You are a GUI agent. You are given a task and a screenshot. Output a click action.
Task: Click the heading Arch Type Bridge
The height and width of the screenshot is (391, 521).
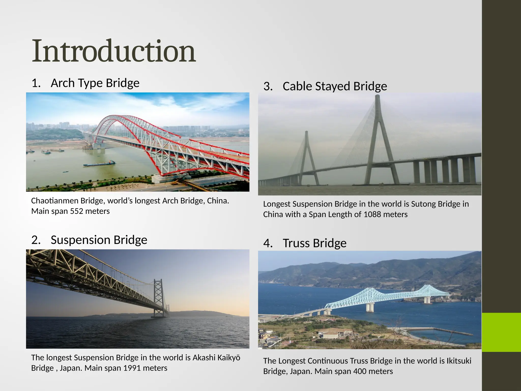click(x=95, y=83)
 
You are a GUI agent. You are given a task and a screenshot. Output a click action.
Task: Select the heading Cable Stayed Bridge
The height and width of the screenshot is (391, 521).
click(x=335, y=86)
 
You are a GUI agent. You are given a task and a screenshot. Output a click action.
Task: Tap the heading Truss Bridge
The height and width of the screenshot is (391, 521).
click(x=314, y=243)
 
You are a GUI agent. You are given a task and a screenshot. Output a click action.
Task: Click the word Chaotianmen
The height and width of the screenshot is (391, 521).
click(x=54, y=201)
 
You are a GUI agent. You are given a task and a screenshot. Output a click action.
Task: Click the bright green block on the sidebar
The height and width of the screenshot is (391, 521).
click(x=501, y=332)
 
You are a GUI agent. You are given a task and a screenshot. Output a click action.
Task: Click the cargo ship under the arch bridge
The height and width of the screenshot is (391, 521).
click(x=99, y=163)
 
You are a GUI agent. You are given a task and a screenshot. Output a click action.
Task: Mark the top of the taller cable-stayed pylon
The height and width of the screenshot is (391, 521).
click(x=378, y=97)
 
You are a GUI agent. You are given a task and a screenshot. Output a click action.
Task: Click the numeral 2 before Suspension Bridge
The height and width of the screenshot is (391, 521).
click(x=36, y=240)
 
